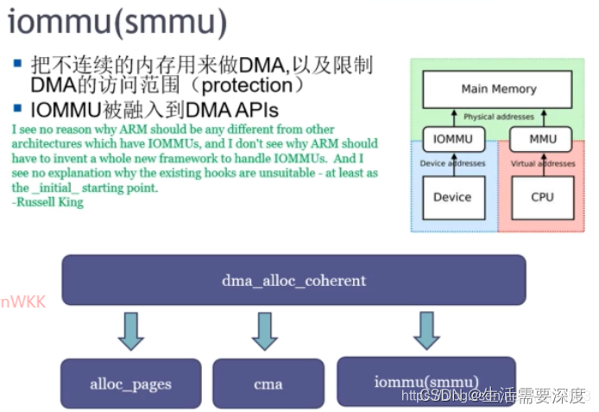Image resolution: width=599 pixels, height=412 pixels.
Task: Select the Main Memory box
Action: coord(498,89)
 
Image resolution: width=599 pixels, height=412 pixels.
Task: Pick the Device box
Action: coord(452,197)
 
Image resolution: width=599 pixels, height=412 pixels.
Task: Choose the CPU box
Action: coord(542,197)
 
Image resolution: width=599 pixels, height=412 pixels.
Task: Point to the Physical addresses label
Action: coord(498,117)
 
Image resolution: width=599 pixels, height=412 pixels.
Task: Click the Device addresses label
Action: coord(452,163)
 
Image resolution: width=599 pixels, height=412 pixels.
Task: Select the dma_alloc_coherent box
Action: coord(293,280)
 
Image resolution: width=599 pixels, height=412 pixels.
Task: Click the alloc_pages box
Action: coord(130,383)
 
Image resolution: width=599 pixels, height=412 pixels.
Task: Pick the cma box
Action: coord(268,383)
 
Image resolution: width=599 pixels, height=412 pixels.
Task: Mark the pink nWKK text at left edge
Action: coord(22,301)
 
